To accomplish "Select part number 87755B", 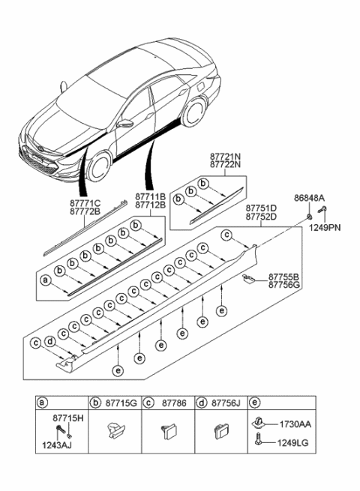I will tap(285, 277).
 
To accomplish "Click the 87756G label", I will tap(285, 286).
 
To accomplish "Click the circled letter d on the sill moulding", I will tap(49, 343).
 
